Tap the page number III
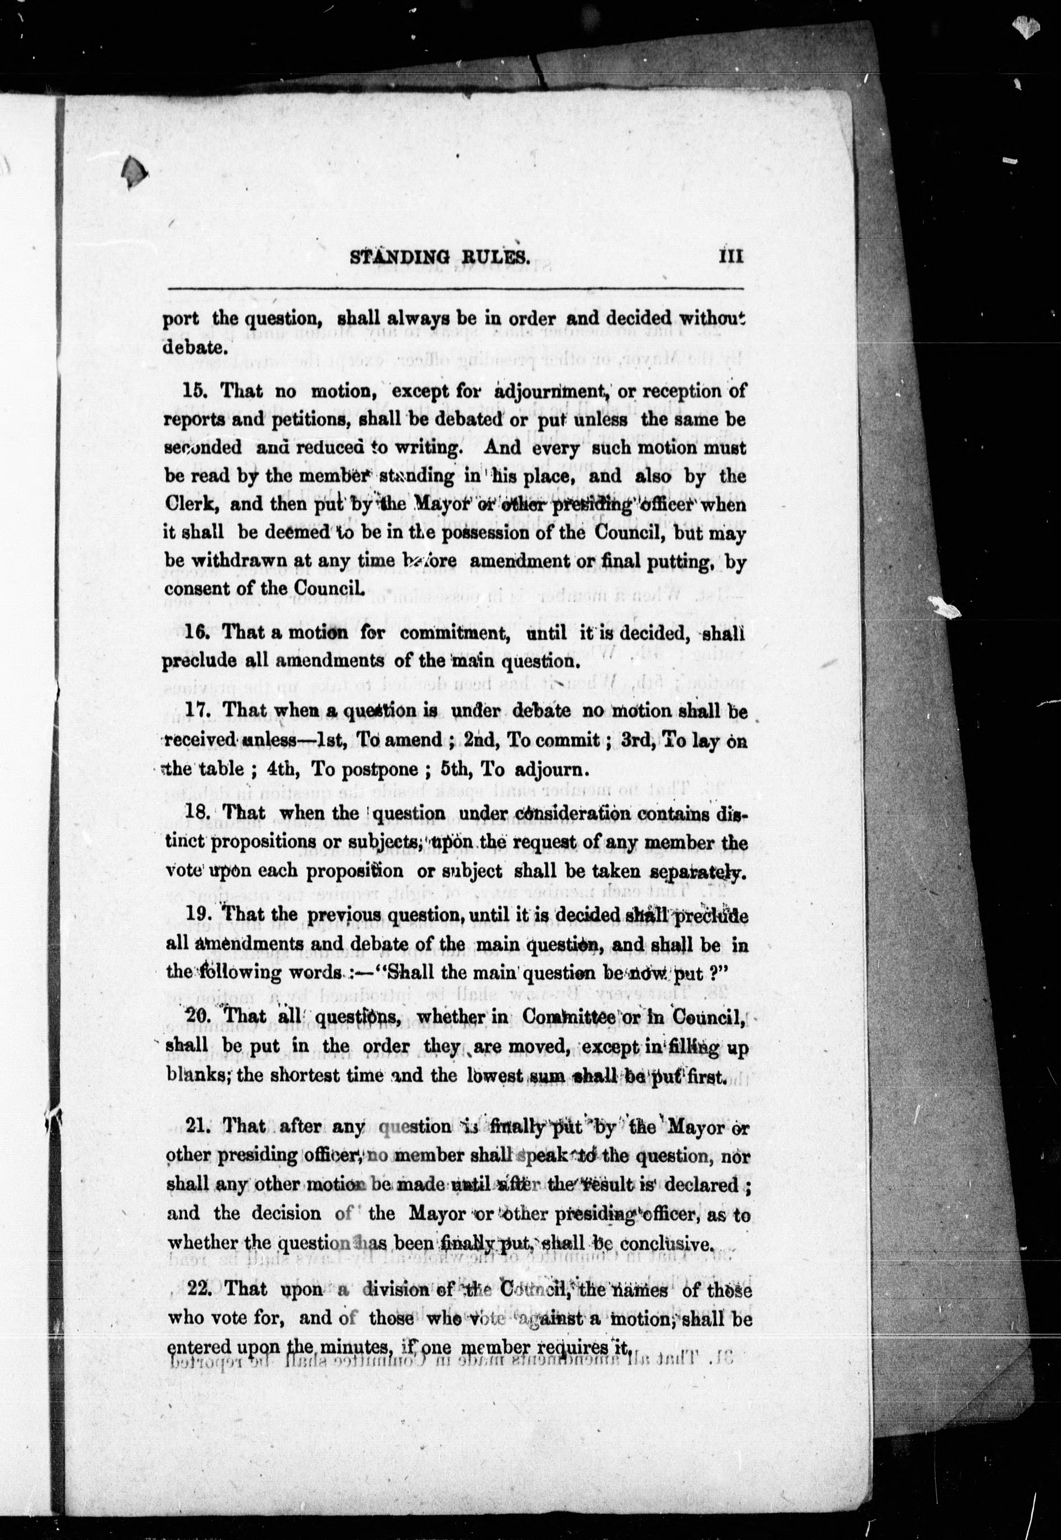pyautogui.click(x=730, y=257)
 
